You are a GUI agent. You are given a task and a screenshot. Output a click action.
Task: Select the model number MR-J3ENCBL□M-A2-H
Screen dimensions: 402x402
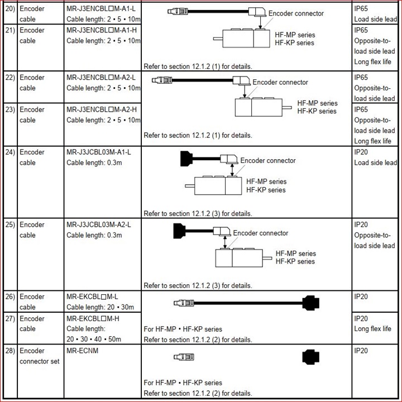(101, 109)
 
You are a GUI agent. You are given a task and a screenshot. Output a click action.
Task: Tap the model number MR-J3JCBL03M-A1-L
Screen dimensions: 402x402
(102, 152)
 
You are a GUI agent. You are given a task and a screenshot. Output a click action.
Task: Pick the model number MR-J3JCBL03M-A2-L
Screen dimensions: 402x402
(102, 224)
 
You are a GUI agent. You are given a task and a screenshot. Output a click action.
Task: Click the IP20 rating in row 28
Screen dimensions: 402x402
(361, 351)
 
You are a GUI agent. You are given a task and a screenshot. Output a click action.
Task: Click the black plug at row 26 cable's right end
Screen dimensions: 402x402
(310, 303)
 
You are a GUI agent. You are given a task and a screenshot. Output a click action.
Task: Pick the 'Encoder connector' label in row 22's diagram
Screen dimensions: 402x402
(280, 82)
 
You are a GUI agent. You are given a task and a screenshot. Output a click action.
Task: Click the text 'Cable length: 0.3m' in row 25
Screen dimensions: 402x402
(95, 235)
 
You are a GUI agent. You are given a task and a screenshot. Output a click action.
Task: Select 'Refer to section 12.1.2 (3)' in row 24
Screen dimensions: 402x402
(198, 213)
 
